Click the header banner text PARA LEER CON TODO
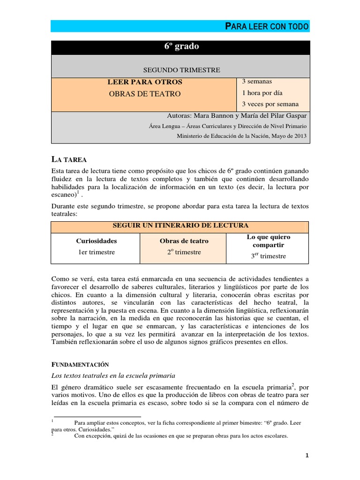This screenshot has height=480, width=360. point(267,26)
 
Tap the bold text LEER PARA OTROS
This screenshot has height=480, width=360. point(145,82)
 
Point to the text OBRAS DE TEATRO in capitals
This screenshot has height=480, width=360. point(144,94)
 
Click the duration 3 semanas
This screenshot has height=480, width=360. point(257,82)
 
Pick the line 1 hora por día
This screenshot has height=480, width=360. point(262,93)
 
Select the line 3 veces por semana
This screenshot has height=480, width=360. point(270,104)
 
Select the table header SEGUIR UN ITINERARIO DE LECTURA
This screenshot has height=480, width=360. point(180,225)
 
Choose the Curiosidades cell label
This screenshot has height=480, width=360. point(97,241)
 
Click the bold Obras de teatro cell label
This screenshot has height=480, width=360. point(184,241)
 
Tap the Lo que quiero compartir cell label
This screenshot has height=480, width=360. point(269,241)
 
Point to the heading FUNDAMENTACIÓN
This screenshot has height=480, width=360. point(80,364)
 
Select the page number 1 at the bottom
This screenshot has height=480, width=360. point(307,455)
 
